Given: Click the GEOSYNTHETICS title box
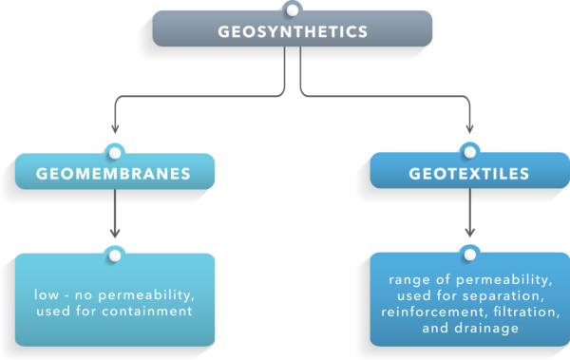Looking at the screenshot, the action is point(293,31).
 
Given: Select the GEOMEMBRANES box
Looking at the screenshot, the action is point(115,173).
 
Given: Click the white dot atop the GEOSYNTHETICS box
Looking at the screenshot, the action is point(293,10).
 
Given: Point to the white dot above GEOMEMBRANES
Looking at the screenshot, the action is point(115,152).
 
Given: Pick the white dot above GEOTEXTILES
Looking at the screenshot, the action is point(467,152).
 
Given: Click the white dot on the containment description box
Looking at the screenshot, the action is point(115,255).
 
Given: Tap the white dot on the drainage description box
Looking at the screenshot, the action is point(467,254).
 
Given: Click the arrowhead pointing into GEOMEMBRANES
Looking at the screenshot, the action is point(115,130).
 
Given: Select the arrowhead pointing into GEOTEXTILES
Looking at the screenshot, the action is point(467,130).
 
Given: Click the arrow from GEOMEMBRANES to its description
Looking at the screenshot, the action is point(115,215).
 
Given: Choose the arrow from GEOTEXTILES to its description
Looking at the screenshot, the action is point(467,215).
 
